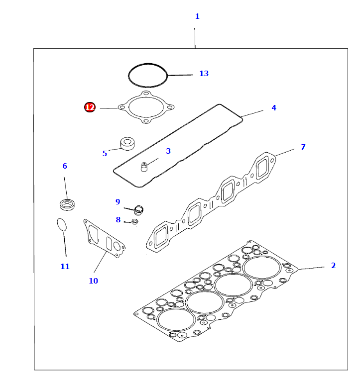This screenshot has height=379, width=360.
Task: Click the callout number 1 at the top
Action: pyautogui.click(x=197, y=16)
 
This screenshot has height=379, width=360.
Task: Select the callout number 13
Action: pyautogui.click(x=204, y=74)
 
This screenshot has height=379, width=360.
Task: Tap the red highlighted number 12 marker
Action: pyautogui.click(x=90, y=107)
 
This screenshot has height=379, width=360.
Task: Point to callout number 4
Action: pyautogui.click(x=273, y=107)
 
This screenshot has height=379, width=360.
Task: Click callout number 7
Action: pyautogui.click(x=303, y=147)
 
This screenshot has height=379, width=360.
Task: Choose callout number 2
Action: pyautogui.click(x=333, y=266)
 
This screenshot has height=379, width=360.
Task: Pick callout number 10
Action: pyautogui.click(x=93, y=281)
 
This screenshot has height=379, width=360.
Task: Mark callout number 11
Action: pyautogui.click(x=65, y=267)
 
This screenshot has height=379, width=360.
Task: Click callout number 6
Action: pyautogui.click(x=65, y=166)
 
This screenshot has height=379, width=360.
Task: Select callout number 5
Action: pyautogui.click(x=105, y=154)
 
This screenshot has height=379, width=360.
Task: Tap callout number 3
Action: pyautogui.click(x=168, y=151)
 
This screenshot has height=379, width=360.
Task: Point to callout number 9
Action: pyautogui.click(x=118, y=201)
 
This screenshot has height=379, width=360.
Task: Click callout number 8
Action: pyautogui.click(x=118, y=219)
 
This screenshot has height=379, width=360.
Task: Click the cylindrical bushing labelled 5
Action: pyautogui.click(x=128, y=143)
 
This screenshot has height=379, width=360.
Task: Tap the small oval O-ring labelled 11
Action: pyautogui.click(x=61, y=224)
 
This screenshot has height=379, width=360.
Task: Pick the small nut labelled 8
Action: pyautogui.click(x=134, y=221)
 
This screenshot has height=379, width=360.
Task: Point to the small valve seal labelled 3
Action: pyautogui.click(x=144, y=167)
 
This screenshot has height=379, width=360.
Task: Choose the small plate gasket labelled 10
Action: pyautogui.click(x=105, y=240)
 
